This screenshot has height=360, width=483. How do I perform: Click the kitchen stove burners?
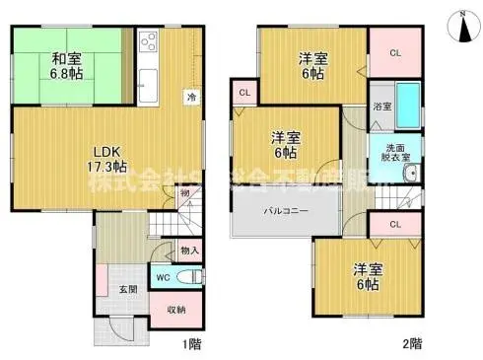tap(150, 41)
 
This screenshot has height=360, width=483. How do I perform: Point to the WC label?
tap(162, 277)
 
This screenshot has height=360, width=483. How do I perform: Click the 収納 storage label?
tap(176, 309)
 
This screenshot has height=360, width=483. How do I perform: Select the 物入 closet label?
tap(189, 251)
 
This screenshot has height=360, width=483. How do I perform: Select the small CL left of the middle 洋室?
tap(242, 94)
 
